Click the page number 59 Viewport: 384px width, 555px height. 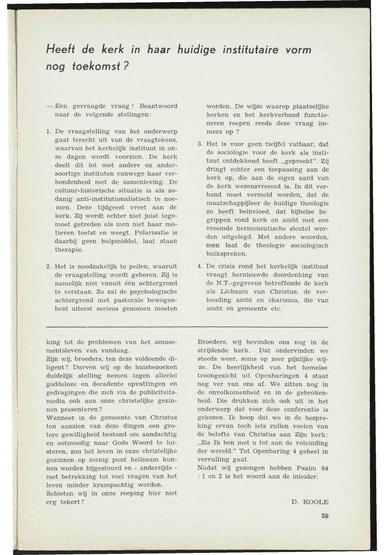324,516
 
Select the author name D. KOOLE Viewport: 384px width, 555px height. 310,502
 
